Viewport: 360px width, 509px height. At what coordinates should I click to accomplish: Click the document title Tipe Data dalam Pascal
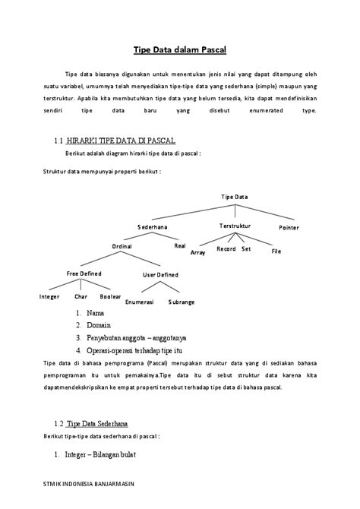point(180,51)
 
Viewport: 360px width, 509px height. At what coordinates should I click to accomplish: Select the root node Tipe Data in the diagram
point(235,197)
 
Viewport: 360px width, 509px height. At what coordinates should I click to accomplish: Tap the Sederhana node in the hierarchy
point(153,227)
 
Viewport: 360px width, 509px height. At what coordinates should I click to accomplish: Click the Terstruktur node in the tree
point(235,226)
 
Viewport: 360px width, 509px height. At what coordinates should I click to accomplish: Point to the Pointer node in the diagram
point(289,227)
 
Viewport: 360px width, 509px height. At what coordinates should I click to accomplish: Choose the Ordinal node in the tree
point(122,246)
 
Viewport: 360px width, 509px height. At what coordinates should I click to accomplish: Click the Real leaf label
point(180,245)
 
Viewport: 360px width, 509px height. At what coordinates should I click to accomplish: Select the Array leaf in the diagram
point(198,251)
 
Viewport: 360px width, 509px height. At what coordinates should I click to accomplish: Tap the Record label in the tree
point(226,249)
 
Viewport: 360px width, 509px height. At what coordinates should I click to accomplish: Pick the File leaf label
point(276,251)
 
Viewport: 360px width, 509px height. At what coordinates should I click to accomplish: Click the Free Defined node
point(84,273)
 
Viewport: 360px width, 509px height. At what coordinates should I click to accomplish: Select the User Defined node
point(161,274)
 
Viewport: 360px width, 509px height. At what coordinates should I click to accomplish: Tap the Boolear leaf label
point(111,296)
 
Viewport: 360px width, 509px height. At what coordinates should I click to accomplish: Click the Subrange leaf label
point(181,302)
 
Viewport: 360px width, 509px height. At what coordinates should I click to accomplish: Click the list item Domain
point(99,325)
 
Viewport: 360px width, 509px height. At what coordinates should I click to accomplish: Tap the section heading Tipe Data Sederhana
point(97,423)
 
